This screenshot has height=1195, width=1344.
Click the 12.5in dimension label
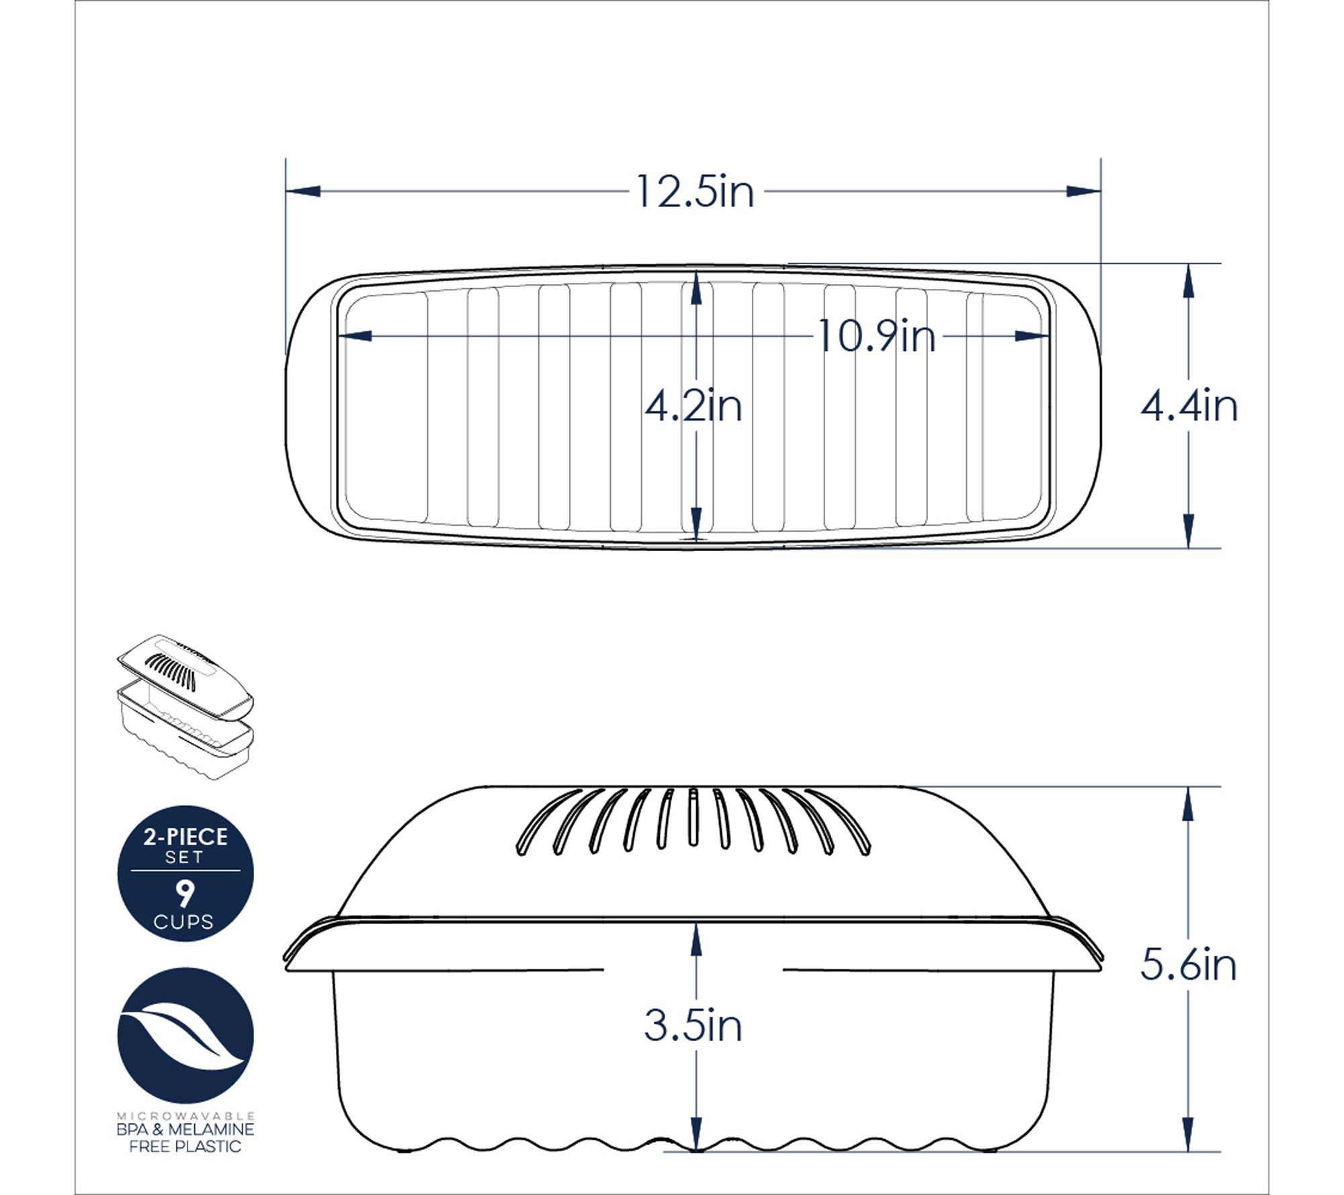tap(695, 192)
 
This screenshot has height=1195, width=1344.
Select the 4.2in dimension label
tap(694, 407)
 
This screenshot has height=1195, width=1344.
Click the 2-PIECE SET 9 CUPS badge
tap(185, 874)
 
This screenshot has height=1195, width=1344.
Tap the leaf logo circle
tap(185, 1036)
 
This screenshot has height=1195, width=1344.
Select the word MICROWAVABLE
tap(185, 1116)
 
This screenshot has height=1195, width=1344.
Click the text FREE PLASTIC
tap(185, 1147)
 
